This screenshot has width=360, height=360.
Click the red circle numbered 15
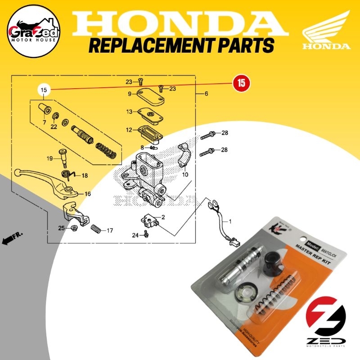click(x=241, y=83)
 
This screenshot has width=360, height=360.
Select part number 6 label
click(x=206, y=94)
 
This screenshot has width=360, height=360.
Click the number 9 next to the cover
click(x=129, y=94)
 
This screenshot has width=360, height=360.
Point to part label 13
click(x=129, y=112)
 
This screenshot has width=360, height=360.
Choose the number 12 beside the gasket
click(x=129, y=130)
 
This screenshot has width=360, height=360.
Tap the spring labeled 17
click(x=95, y=229)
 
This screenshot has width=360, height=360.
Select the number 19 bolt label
click(x=50, y=158)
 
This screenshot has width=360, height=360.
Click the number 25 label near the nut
click(x=61, y=228)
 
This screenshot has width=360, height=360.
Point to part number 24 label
click(x=135, y=235)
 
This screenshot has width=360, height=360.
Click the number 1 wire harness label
click(x=231, y=221)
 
